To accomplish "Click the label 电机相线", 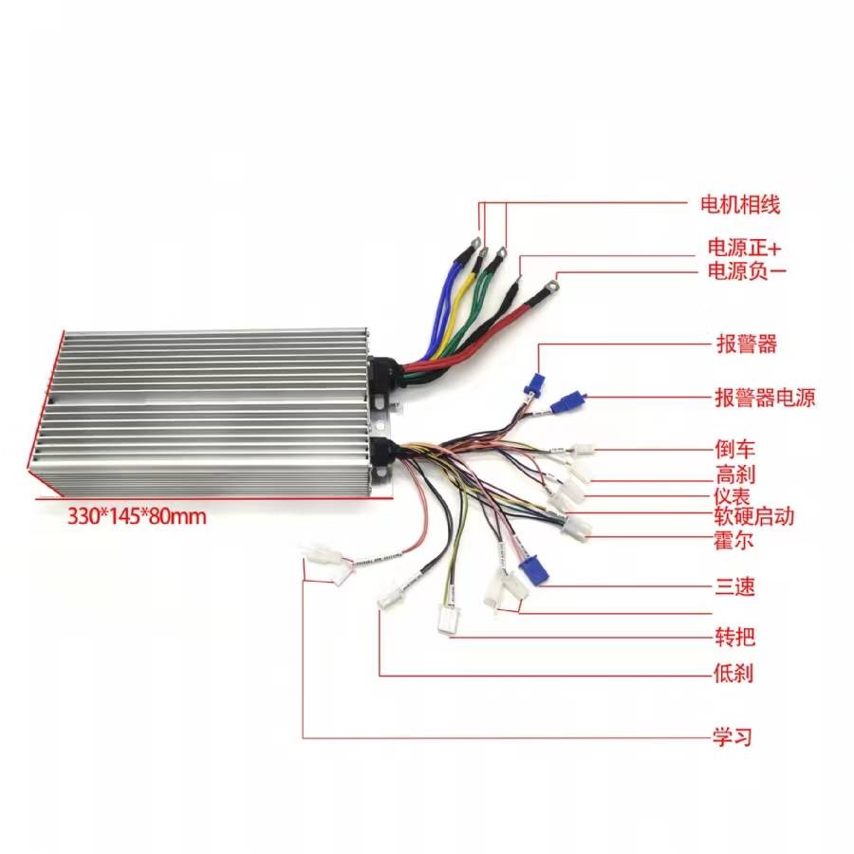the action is tap(739, 205).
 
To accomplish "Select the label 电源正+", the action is tap(744, 248).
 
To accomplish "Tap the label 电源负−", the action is tap(746, 270).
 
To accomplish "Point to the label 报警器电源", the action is tap(765, 399).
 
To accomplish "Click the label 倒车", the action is tap(734, 450).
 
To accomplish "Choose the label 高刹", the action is tap(734, 474).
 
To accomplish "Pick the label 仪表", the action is tap(732, 496).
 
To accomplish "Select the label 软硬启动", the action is tap(753, 516).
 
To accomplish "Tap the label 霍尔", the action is tap(733, 541).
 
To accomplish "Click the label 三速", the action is tap(734, 586).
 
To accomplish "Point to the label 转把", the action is tap(734, 637).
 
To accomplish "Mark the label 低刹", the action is tap(733, 674).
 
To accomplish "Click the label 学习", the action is tap(733, 737).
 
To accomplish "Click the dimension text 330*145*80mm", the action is tap(137, 516).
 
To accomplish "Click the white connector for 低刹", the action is tap(391, 597).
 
